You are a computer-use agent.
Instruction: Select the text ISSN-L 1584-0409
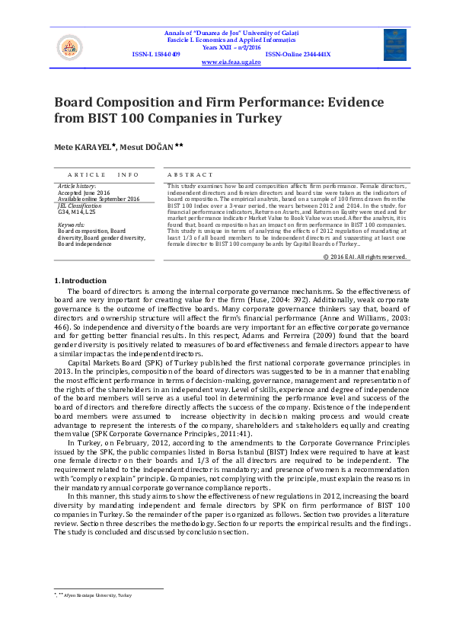point(156,55)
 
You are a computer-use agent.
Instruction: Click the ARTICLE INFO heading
point(98,175)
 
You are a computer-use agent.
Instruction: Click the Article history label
point(77,186)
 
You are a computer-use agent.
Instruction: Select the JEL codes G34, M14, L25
point(78,212)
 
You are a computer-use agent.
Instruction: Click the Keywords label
point(71,225)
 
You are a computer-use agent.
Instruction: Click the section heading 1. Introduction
point(80,281)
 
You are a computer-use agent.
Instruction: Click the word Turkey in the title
point(258,119)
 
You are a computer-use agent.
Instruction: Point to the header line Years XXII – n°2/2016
point(231,46)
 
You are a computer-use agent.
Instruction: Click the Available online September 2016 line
point(98,199)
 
